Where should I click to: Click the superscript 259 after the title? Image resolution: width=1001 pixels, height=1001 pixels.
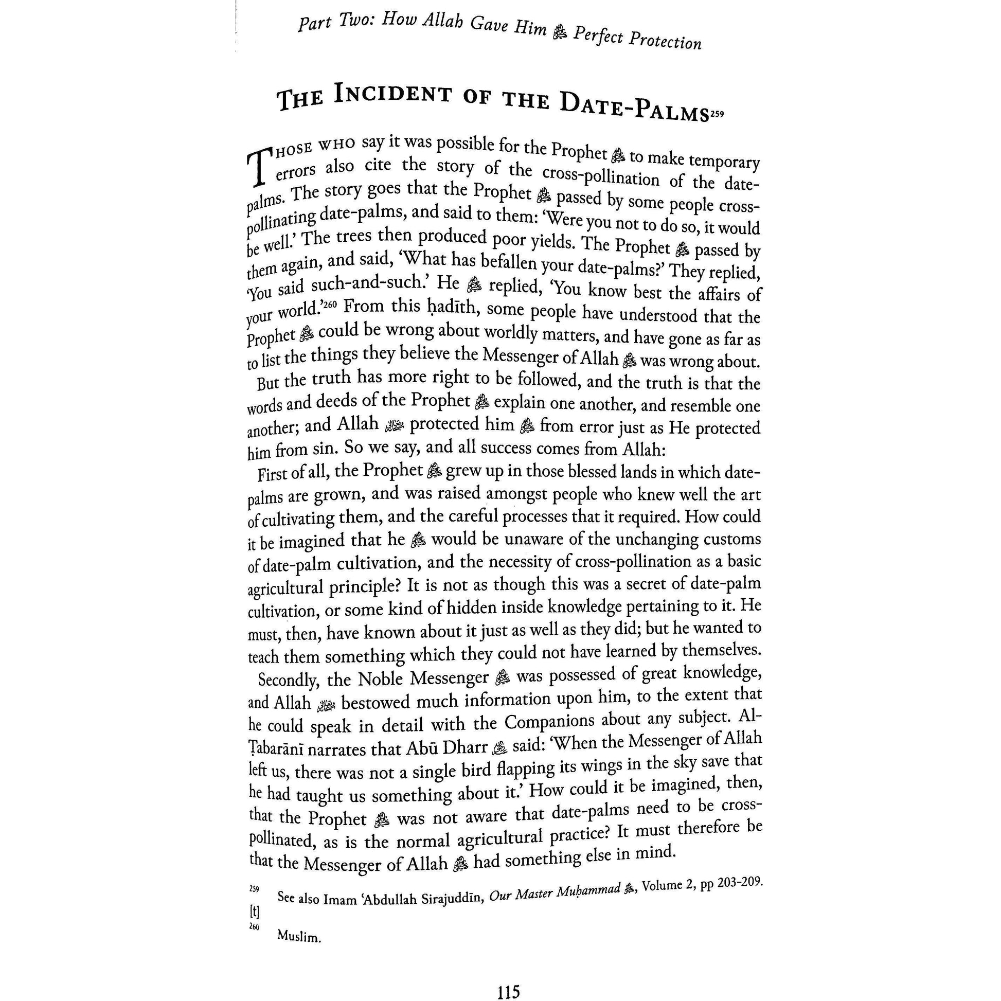[717, 116]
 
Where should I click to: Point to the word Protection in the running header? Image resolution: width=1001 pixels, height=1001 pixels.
[665, 40]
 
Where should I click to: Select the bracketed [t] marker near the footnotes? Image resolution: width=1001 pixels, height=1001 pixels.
[254, 911]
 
